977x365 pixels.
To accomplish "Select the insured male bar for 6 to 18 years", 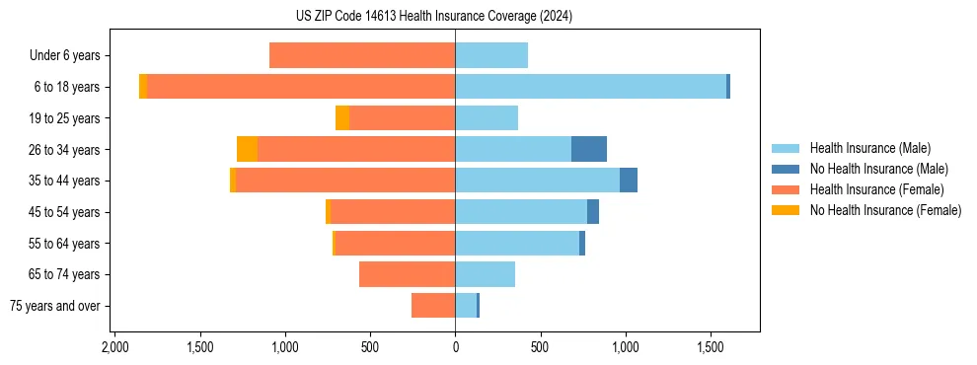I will tap(590, 87).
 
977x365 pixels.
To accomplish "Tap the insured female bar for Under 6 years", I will tap(362, 55).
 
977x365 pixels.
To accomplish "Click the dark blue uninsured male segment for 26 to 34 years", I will tap(589, 149).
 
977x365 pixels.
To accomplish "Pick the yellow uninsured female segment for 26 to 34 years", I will tap(247, 149).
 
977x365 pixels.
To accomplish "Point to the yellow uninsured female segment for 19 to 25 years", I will tap(342, 118).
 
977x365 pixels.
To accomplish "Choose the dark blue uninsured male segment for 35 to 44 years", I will tap(629, 181).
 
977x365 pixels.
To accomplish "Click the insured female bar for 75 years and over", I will tap(433, 306).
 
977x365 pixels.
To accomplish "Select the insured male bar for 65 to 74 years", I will tap(485, 274).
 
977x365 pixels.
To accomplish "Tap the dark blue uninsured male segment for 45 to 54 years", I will tap(593, 212).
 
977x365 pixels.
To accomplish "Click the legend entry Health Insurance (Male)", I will tap(869, 148).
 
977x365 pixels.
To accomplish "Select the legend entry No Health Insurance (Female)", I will tap(885, 210).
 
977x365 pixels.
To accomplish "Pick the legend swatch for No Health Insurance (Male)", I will tap(787, 169).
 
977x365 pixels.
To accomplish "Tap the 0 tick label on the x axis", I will tap(455, 348).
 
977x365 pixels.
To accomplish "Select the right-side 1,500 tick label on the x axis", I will tap(711, 348).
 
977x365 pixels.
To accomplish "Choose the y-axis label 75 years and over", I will tap(55, 306).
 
